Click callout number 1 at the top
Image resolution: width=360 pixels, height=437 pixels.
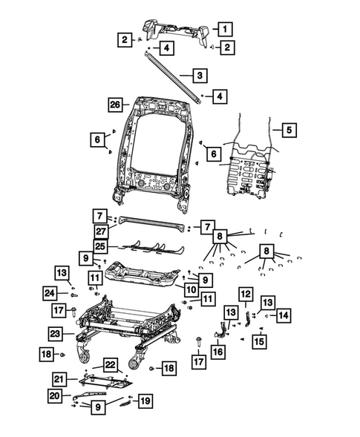(x=224, y=29)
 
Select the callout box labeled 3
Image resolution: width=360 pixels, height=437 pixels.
(x=199, y=76)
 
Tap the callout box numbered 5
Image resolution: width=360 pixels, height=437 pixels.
(x=289, y=131)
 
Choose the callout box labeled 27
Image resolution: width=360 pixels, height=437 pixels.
(x=101, y=231)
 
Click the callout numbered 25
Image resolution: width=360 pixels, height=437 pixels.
(x=101, y=246)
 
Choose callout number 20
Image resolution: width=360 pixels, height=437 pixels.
(x=55, y=396)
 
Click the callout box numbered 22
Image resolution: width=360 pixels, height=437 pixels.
(x=110, y=364)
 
